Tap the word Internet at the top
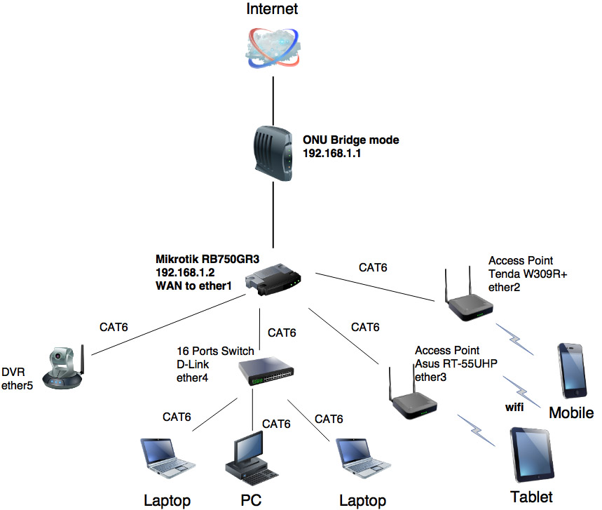(x=272, y=9)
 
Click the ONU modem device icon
(x=271, y=151)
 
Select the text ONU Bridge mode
(x=350, y=140)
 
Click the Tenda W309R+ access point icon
(x=467, y=298)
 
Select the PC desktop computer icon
(x=247, y=456)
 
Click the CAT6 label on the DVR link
(x=114, y=326)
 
